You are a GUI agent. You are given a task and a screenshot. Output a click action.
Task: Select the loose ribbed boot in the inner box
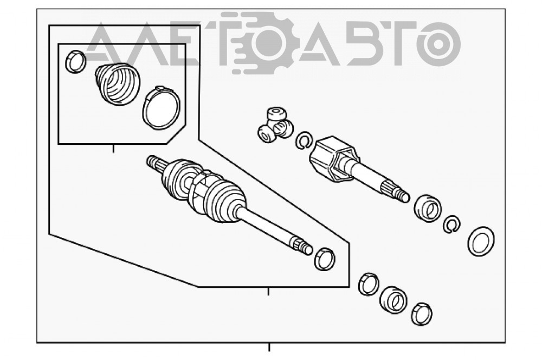point(118,83)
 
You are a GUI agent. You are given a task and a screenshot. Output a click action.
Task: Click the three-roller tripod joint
point(275,126)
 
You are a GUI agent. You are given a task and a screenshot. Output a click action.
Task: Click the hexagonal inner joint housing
point(333,158)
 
